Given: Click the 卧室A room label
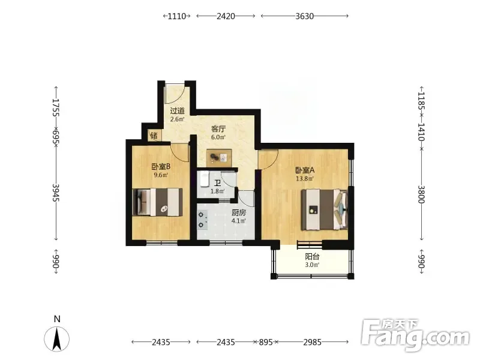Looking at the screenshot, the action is pos(305,170).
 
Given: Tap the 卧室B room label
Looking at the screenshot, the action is pos(161,167).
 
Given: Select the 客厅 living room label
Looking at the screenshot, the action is pos(218,129).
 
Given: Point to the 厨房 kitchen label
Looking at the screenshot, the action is pos(239,212).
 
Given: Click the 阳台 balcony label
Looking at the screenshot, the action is pos(312,257).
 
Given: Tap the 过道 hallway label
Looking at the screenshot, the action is pos(177,111).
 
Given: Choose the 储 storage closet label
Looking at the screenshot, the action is pos(154,136).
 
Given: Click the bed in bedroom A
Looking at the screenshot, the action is pos(325,209).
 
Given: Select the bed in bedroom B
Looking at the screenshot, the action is pos(157,202).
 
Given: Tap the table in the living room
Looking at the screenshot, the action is pos(219,158).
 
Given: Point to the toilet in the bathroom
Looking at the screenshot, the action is pos(205,179).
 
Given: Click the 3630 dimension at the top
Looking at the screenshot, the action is pos(305,16).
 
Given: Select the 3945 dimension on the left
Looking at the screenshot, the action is pos(56,192).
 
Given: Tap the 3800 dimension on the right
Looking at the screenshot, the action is pos(422,194).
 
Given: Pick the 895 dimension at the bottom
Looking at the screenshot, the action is pos(266,342).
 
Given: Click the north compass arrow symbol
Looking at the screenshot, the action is pos(57,338).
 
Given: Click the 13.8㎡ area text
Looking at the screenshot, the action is pos(305,178).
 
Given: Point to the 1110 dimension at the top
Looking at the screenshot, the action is pos(177,16).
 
